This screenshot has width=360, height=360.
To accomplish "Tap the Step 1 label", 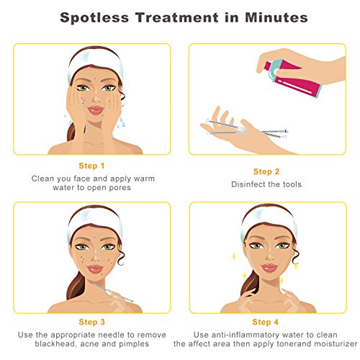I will point(91,166).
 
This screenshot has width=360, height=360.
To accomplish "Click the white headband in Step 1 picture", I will point(92,60).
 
